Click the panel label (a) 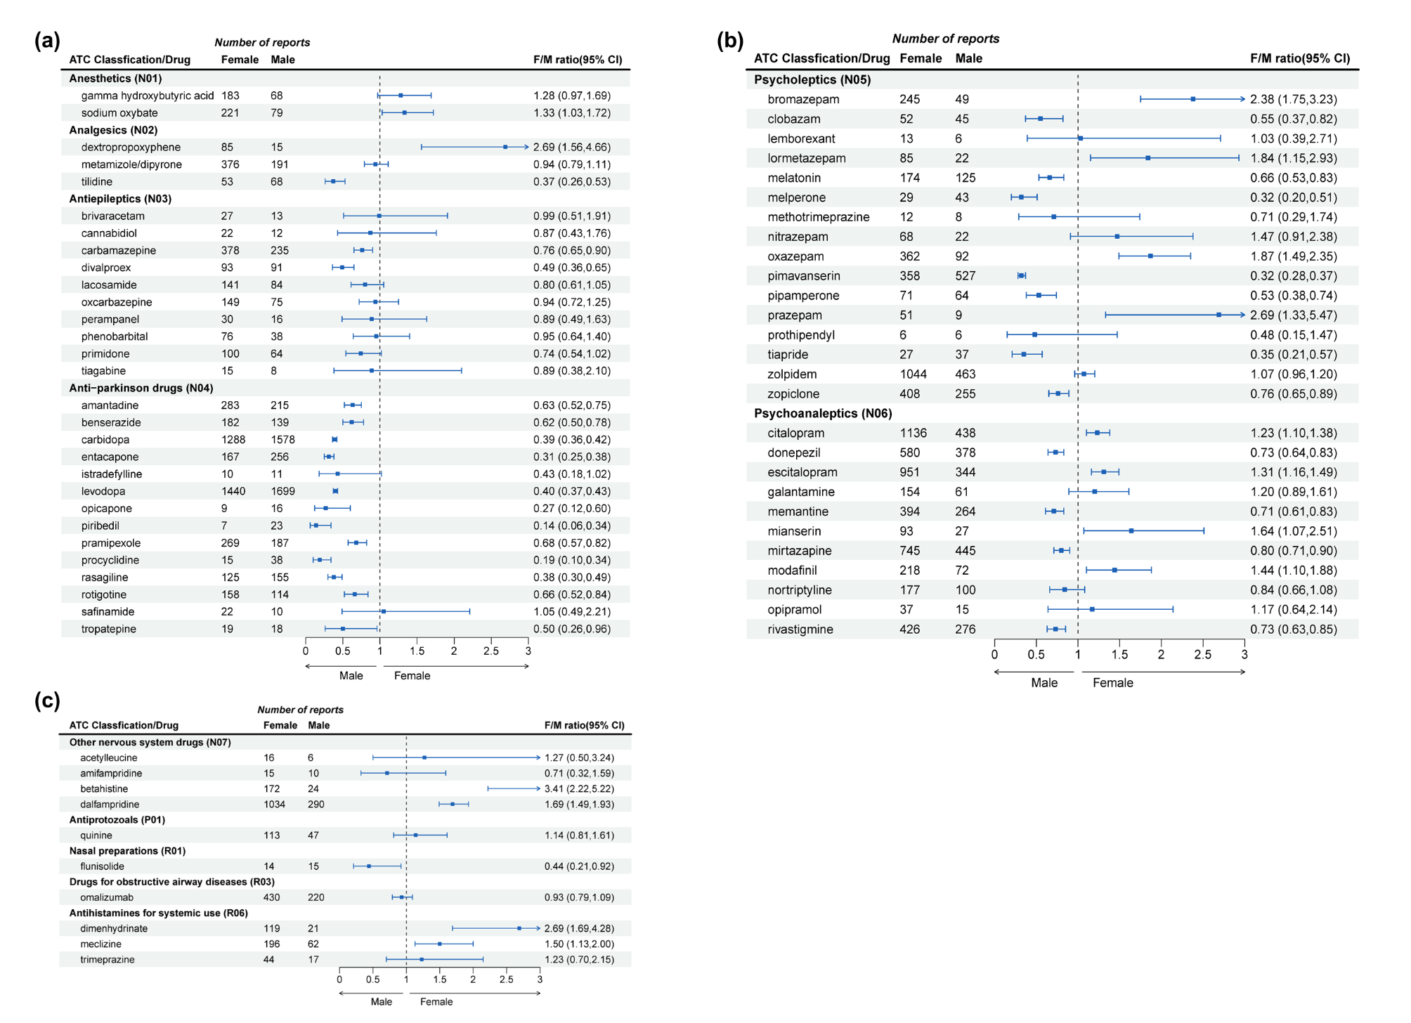47,41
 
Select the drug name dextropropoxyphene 131,147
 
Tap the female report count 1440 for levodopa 233,491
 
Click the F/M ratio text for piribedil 571,526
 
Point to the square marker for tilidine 333,181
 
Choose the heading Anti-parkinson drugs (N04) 141,388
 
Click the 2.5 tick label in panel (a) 490,651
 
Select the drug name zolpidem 792,374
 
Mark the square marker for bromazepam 1193,99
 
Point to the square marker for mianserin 1131,531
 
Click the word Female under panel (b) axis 1112,683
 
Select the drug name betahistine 104,789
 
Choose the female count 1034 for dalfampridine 274,804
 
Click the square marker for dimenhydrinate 519,928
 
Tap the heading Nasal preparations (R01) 127,851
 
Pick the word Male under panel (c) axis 381,1002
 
